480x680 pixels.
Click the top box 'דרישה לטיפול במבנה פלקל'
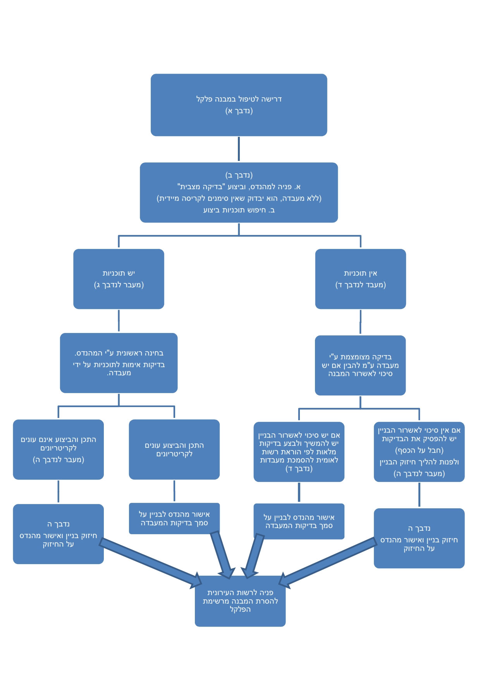click(x=239, y=105)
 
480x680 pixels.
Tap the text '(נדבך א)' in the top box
click(x=239, y=111)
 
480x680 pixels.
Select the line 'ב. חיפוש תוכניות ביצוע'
click(x=239, y=210)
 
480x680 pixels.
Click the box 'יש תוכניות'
click(x=119, y=279)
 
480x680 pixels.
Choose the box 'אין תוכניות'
click(x=360, y=279)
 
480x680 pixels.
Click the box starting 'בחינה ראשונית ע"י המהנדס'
click(x=119, y=363)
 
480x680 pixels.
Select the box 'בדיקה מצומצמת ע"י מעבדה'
click(x=360, y=365)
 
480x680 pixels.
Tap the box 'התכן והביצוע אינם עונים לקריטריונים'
click(x=58, y=449)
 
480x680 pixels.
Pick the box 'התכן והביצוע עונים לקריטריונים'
click(x=174, y=449)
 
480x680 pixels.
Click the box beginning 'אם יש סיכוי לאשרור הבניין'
click(x=299, y=452)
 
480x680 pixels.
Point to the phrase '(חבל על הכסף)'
click(x=419, y=450)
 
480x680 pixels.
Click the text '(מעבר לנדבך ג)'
click(x=119, y=285)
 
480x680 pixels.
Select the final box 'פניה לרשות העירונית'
click(x=240, y=601)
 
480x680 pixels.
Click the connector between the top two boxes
click(x=239, y=149)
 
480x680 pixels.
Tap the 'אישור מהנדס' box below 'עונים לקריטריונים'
click(x=174, y=518)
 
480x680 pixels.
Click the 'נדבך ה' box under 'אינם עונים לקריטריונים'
click(x=58, y=534)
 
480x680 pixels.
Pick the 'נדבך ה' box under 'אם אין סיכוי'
click(x=419, y=538)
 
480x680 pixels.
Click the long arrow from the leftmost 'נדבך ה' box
click(x=151, y=563)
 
